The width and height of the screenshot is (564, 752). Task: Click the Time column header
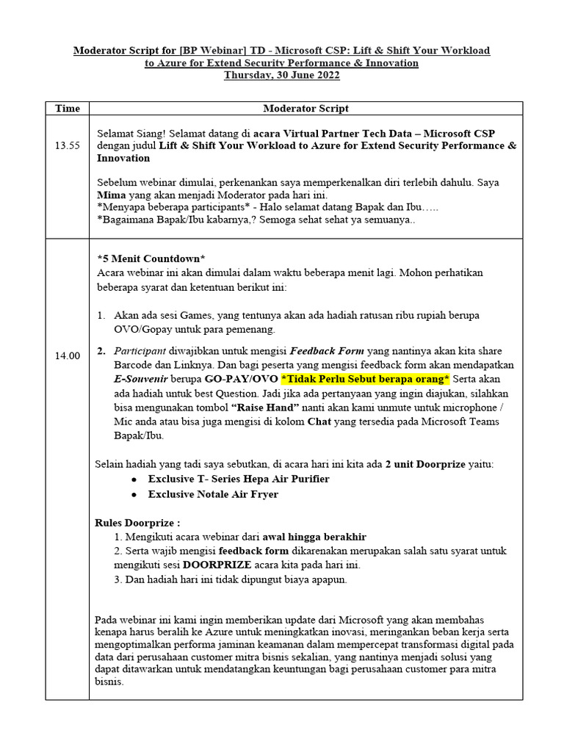(x=68, y=108)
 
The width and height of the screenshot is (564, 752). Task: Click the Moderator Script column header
(x=305, y=108)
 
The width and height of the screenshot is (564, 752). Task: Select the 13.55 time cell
(x=68, y=145)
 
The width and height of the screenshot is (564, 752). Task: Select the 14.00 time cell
(x=68, y=355)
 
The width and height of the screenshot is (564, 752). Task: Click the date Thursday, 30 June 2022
(x=281, y=76)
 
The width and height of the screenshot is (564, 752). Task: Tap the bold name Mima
(x=112, y=195)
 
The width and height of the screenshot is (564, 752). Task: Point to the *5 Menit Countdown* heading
(x=151, y=258)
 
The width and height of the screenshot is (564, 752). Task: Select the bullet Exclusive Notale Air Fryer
(x=213, y=494)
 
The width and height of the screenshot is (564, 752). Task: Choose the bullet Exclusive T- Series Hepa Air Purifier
(x=238, y=479)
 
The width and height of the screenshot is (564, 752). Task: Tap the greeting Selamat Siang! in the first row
(x=131, y=133)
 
